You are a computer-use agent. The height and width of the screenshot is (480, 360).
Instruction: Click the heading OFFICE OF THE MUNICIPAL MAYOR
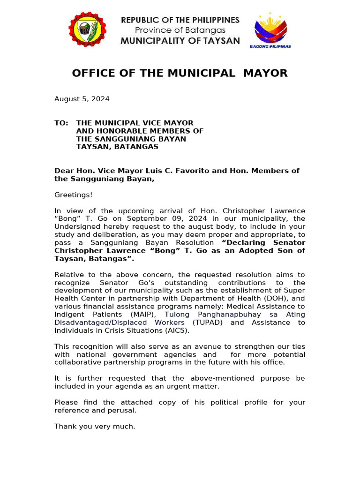coord(180,73)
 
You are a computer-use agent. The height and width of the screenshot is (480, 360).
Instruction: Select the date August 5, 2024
coord(82,99)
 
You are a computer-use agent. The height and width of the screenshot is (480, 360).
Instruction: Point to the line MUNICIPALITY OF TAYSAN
coord(180,41)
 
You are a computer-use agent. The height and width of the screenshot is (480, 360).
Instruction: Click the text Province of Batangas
coord(180,30)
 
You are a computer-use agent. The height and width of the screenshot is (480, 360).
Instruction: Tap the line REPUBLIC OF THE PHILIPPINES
coord(180,20)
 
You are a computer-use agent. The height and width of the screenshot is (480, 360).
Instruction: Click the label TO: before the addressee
coord(61,123)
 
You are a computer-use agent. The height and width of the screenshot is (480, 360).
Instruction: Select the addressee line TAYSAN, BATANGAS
coord(117,147)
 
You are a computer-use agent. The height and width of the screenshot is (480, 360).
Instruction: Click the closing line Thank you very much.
coord(95,426)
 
